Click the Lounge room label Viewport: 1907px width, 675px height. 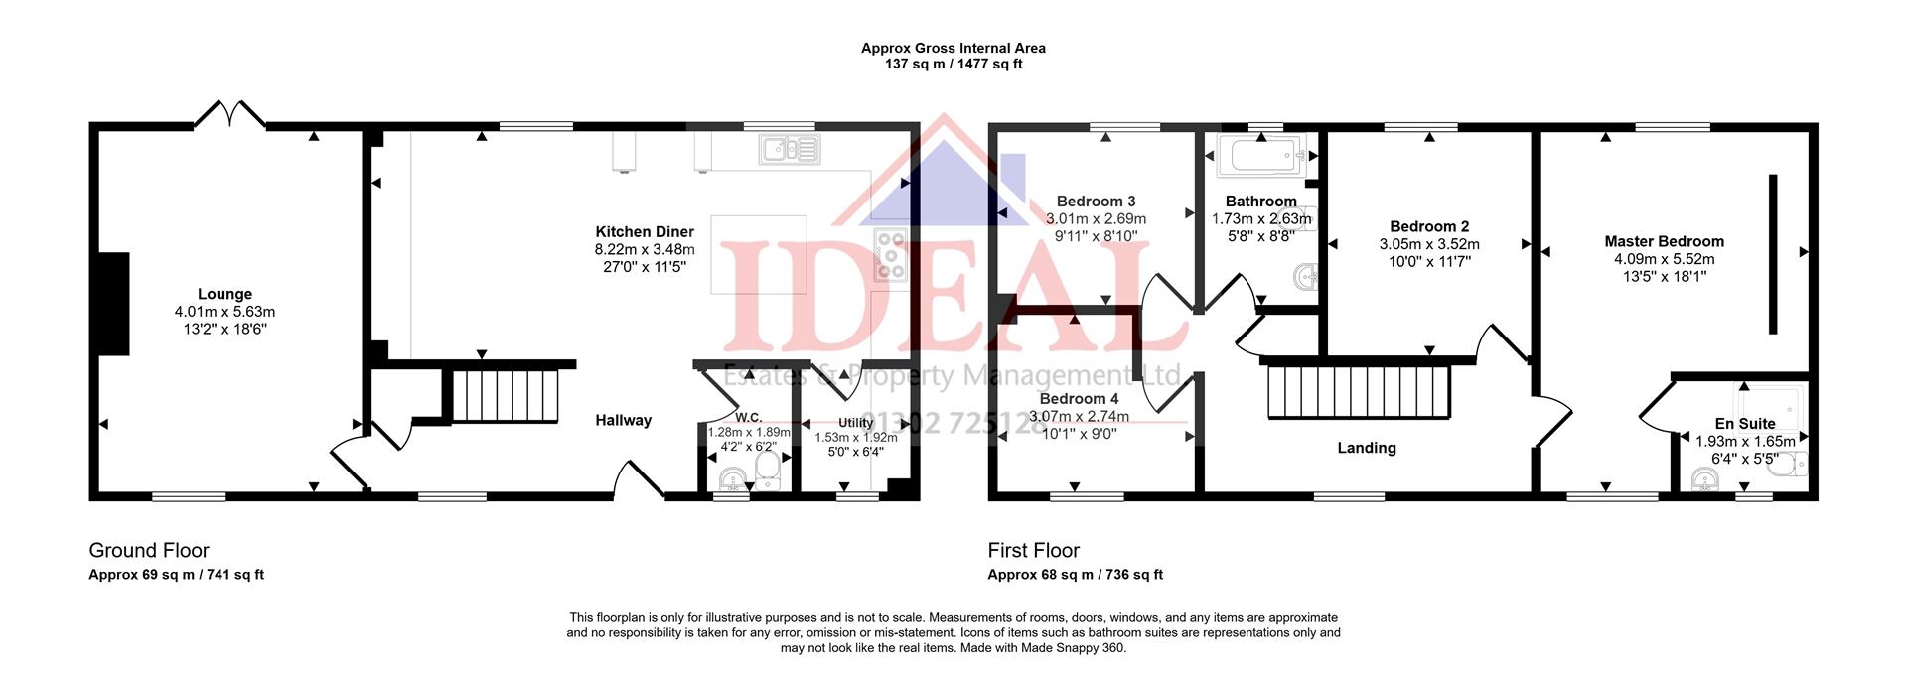(224, 294)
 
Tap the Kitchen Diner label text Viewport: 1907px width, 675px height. (645, 232)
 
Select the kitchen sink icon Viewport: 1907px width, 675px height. (790, 150)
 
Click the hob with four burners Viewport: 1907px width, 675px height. (889, 254)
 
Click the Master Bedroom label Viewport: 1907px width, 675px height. (1664, 241)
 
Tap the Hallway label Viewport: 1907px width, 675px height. (623, 420)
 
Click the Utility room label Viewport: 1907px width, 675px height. (855, 423)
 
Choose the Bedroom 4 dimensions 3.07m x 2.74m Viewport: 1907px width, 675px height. (1079, 417)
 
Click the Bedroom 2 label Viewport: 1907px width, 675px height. (1429, 226)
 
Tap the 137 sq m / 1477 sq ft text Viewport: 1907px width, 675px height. (953, 65)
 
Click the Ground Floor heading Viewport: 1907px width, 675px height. (149, 550)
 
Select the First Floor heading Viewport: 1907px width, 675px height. (1033, 550)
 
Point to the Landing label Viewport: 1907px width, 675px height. (1366, 448)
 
